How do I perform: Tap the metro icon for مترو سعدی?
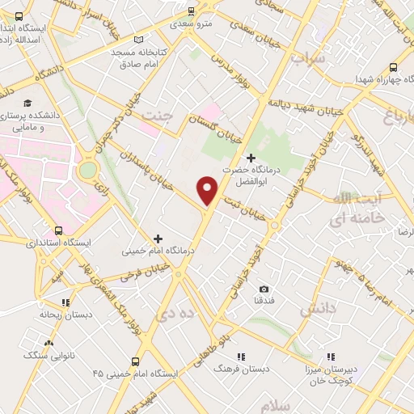point(191,11)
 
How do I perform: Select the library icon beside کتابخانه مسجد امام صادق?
point(139,40)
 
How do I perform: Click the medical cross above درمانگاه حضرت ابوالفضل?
point(251,157)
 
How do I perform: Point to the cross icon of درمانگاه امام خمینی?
point(158,239)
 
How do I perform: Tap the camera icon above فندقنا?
point(264,289)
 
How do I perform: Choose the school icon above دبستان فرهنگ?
point(240,356)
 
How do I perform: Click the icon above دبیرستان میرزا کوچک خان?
point(330,356)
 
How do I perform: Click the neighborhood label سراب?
point(307,59)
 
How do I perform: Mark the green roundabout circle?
point(88,170)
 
